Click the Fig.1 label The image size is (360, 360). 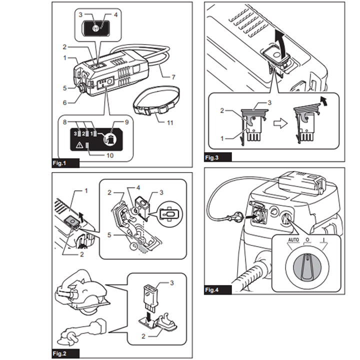tap(59, 163)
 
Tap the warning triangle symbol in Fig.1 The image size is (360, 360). tap(79, 145)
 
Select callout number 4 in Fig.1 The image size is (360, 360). tap(115, 15)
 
